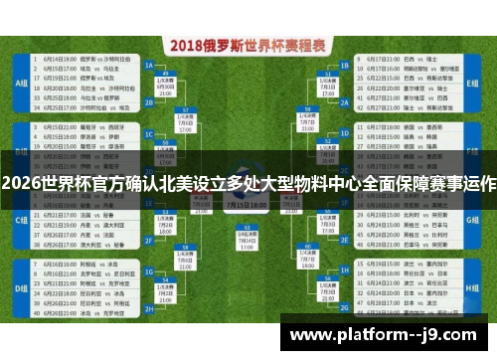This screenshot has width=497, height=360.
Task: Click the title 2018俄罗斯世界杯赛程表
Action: pyautogui.click(x=248, y=46)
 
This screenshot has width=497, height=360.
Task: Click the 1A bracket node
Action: pyautogui.click(x=149, y=65)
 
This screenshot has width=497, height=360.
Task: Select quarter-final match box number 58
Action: pyautogui.click(x=185, y=249)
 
